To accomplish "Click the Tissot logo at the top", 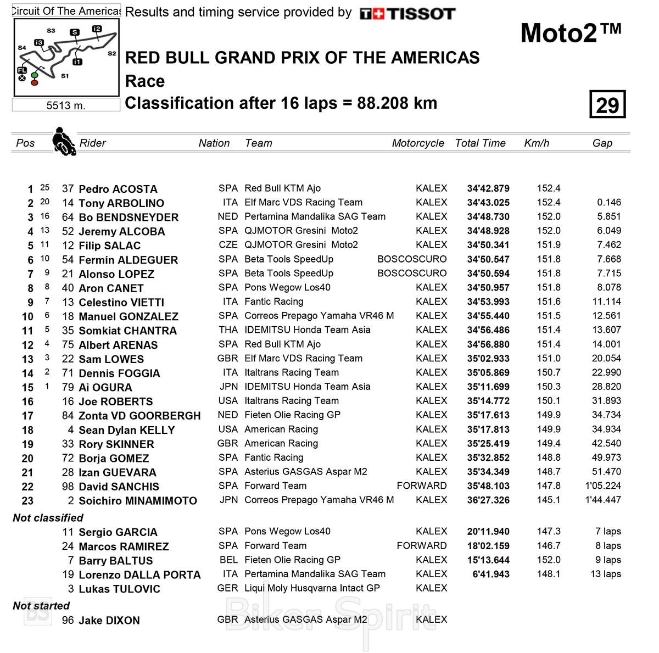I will coord(407,14).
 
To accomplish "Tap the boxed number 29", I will coord(607,104).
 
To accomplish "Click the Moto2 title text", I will coord(571,33).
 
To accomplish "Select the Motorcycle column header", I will coord(418,143).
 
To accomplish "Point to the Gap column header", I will coord(602,143).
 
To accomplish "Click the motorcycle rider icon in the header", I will coord(63,142).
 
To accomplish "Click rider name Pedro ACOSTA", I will coord(118,189).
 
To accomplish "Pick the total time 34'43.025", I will coord(488,203).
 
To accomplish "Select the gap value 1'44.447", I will coord(603,500).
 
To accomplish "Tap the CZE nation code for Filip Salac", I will coord(228,245).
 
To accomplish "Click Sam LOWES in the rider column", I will coord(111,359).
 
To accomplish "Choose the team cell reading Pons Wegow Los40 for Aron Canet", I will coord(287,287).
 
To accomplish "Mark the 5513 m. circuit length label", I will coord(66,105).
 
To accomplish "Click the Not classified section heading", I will coord(48,518).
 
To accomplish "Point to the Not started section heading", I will coord(41,606).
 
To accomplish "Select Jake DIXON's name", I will coord(109,621).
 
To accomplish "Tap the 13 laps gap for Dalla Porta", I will coord(606,574).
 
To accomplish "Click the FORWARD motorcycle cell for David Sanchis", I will coord(422,486).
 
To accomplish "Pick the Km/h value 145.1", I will coord(549,500).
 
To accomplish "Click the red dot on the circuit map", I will coord(35,82).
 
